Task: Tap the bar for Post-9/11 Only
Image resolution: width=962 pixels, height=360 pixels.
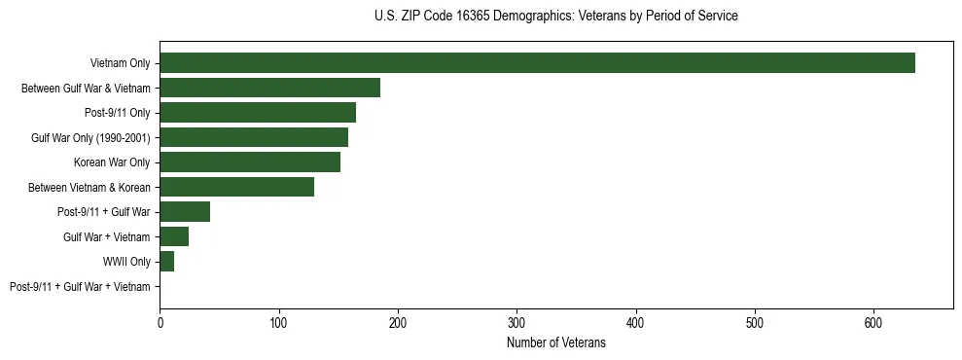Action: tap(258, 113)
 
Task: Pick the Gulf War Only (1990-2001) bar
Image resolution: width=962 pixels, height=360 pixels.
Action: tap(254, 137)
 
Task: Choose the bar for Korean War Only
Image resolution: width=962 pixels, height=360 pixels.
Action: tap(250, 162)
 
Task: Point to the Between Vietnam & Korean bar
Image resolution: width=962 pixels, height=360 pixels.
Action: tap(236, 187)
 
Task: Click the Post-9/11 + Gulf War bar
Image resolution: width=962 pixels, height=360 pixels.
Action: tap(185, 212)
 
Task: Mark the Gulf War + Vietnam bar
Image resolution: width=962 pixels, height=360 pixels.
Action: tap(174, 236)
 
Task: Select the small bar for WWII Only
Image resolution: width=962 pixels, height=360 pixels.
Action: tap(166, 262)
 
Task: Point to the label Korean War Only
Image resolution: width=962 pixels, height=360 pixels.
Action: tap(112, 162)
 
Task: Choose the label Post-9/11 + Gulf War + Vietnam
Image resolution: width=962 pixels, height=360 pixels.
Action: tap(80, 287)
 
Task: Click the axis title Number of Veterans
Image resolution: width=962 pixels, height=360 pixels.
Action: tap(556, 343)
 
